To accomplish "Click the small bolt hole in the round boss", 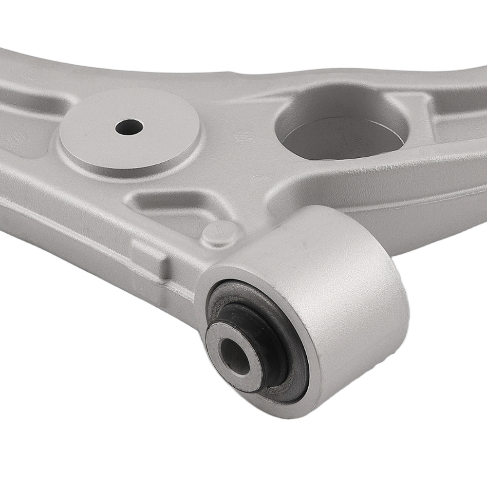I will [129, 128].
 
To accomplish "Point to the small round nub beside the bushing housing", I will [220, 233].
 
